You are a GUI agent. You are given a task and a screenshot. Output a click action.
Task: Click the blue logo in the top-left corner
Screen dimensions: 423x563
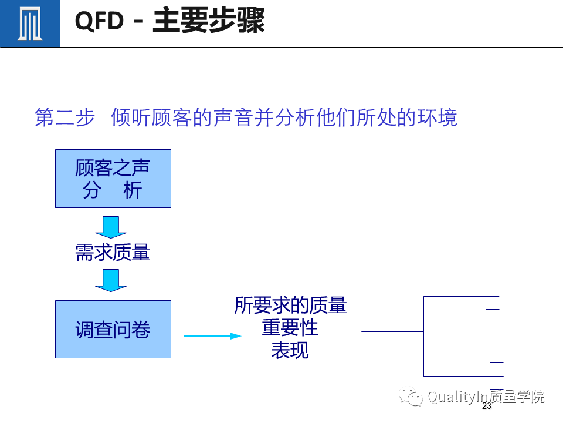(x=29, y=23)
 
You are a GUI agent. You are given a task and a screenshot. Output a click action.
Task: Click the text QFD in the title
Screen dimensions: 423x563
(x=99, y=22)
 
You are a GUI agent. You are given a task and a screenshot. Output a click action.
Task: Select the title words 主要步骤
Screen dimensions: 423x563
(x=209, y=22)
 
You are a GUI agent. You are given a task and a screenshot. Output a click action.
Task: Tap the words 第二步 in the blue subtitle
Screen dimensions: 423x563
(x=65, y=117)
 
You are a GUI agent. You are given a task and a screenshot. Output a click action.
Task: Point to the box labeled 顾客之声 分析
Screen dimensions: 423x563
(x=113, y=179)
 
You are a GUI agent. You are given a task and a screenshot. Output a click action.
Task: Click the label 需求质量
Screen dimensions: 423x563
(x=113, y=253)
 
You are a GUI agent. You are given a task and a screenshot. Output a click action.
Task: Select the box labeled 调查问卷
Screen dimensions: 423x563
(x=113, y=330)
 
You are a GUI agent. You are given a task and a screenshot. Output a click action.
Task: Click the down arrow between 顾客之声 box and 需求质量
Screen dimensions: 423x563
(x=111, y=227)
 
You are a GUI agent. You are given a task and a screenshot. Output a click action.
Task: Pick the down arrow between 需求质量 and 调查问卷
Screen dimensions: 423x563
(x=111, y=280)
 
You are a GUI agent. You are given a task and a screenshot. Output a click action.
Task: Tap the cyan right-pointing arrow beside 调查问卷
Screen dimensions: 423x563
(x=212, y=336)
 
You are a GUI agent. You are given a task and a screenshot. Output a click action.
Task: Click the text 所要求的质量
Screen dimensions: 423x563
(x=290, y=305)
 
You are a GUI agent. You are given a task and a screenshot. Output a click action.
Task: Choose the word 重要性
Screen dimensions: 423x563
(x=290, y=328)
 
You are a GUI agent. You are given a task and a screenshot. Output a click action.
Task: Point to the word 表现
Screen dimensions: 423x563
(x=290, y=350)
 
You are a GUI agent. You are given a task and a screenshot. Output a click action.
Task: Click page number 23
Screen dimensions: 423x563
(x=486, y=407)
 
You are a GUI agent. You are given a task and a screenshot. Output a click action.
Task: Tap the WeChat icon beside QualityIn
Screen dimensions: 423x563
(x=411, y=397)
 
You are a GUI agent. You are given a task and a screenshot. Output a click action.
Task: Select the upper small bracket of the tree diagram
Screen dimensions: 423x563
(x=491, y=296)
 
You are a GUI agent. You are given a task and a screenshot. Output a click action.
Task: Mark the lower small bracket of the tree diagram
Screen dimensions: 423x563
(x=496, y=376)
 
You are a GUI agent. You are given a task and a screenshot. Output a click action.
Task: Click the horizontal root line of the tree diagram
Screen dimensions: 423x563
(x=392, y=332)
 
